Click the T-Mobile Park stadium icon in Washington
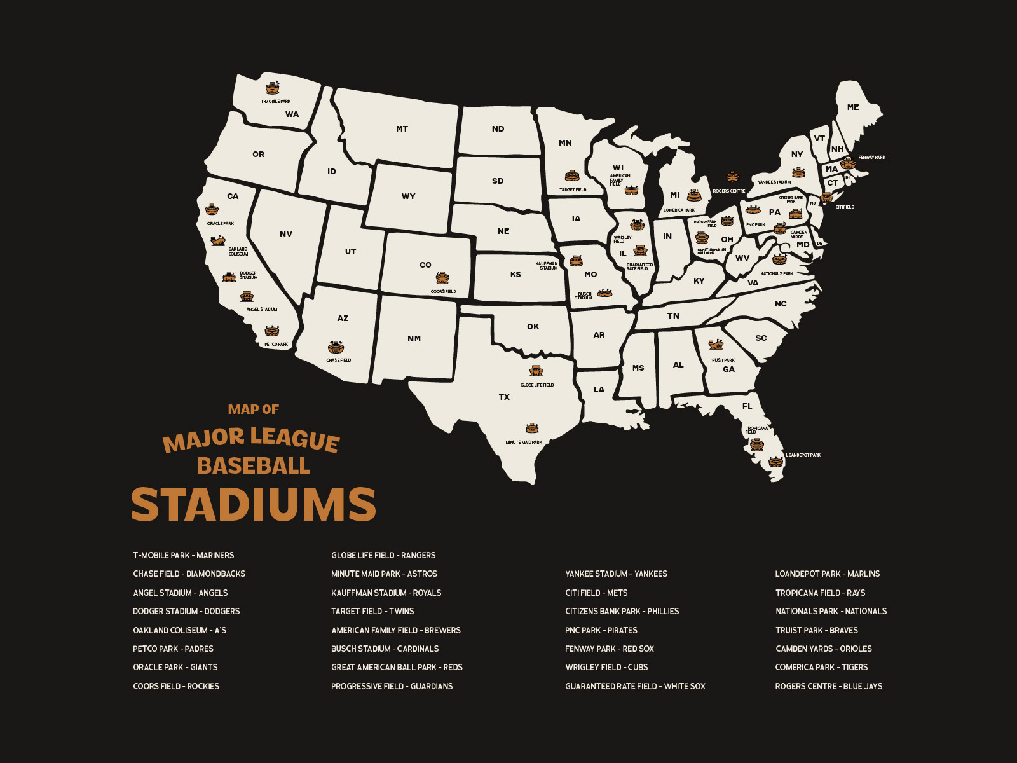(x=273, y=88)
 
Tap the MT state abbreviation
(x=402, y=129)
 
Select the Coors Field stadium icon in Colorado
(x=442, y=278)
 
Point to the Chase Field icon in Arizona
(x=336, y=348)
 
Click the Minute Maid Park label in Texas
(x=524, y=442)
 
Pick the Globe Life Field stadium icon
(x=536, y=371)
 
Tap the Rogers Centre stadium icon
(x=732, y=176)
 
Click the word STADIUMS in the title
(x=254, y=505)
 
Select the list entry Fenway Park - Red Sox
(x=609, y=649)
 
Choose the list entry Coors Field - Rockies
(x=176, y=686)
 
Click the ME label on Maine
(x=853, y=107)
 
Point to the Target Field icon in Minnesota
(x=572, y=176)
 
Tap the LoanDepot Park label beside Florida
(x=803, y=455)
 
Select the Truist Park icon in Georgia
(x=716, y=345)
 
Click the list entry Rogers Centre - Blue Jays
(x=828, y=686)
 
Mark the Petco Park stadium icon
(x=272, y=331)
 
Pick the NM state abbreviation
(x=414, y=339)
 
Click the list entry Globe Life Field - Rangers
(x=383, y=555)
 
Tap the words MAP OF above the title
(x=253, y=409)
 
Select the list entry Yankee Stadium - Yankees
(x=616, y=574)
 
